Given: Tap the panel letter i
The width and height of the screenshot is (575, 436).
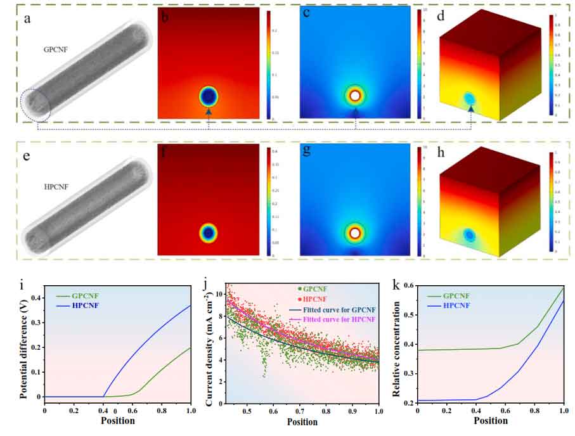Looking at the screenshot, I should pyautogui.click(x=22, y=285).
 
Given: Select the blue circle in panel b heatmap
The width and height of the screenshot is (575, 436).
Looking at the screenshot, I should pyautogui.click(x=209, y=96).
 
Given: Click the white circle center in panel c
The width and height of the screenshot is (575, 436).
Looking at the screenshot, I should pyautogui.click(x=356, y=96).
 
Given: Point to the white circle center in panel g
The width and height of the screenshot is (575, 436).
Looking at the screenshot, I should pyautogui.click(x=356, y=233).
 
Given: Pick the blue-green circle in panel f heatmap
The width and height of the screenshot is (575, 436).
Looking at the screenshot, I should pyautogui.click(x=209, y=233).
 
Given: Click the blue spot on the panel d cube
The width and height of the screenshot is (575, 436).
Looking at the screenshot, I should pyautogui.click(x=470, y=98).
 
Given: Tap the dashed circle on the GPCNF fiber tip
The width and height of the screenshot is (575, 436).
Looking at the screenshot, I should pyautogui.click(x=36, y=105).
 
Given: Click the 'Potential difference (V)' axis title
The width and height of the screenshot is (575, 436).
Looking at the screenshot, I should pyautogui.click(x=23, y=348).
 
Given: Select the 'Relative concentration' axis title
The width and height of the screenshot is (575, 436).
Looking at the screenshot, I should pyautogui.click(x=397, y=348).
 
